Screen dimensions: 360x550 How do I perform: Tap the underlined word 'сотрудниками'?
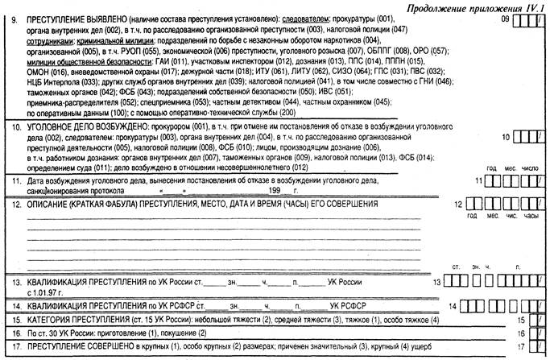(52, 39)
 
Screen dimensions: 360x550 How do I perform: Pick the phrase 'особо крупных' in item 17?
(182, 348)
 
